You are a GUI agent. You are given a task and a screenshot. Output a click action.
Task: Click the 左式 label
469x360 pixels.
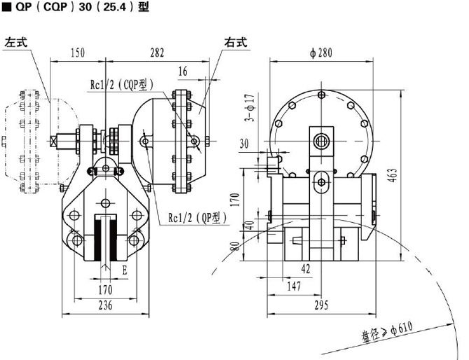pyautogui.click(x=16, y=42)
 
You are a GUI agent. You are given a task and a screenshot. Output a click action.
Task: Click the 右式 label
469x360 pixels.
pyautogui.click(x=236, y=42)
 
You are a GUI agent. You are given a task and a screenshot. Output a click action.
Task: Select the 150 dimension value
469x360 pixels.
pyautogui.click(x=78, y=53)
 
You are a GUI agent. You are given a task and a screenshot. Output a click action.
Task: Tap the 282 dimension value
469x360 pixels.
pyautogui.click(x=157, y=53)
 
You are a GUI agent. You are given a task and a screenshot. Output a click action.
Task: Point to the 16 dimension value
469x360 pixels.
pyautogui.click(x=183, y=71)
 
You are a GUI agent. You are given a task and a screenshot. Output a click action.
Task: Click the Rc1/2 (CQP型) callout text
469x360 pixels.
pyautogui.click(x=122, y=85)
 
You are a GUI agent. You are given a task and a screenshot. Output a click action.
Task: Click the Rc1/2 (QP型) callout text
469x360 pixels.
pyautogui.click(x=197, y=218)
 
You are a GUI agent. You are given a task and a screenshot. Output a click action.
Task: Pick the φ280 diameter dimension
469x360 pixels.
pyautogui.click(x=321, y=53)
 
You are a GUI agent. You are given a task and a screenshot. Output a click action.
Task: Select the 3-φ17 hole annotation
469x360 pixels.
pyautogui.click(x=250, y=108)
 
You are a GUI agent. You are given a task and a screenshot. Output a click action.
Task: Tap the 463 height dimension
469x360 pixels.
pyautogui.click(x=393, y=175)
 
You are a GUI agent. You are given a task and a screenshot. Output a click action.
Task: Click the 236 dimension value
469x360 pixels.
pyautogui.click(x=106, y=305)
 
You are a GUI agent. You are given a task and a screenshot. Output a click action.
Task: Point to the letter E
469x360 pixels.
pyautogui.click(x=125, y=270)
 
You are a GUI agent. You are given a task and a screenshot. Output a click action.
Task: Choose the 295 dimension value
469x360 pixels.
pyautogui.click(x=321, y=305)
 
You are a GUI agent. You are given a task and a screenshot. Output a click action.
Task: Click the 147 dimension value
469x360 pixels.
pyautogui.click(x=294, y=286)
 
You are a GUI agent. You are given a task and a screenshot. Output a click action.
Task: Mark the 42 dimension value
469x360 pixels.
pyautogui.click(x=306, y=269)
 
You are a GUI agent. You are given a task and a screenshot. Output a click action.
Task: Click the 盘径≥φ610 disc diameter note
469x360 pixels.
pyautogui.click(x=388, y=331)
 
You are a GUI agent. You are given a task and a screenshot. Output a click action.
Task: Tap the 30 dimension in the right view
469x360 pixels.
pyautogui.click(x=244, y=144)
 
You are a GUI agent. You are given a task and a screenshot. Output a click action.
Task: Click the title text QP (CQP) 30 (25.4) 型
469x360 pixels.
pyautogui.click(x=83, y=6)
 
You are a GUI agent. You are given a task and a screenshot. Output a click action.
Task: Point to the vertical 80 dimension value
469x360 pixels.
pyautogui.click(x=236, y=246)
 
